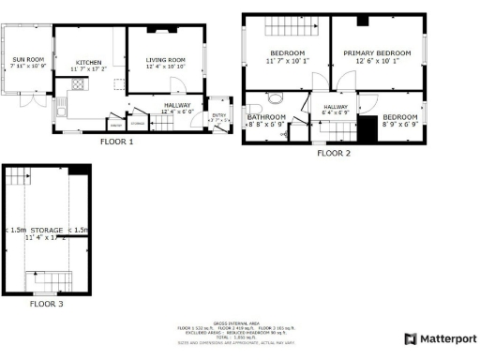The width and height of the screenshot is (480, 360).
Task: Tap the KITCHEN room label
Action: tap(87, 62)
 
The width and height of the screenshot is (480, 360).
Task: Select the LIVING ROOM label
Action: tap(166, 60)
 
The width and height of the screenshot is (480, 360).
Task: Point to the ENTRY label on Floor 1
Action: tap(217, 115)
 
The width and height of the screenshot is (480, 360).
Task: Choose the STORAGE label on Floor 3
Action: tap(47, 230)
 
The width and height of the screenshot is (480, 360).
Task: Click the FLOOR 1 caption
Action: tap(116, 142)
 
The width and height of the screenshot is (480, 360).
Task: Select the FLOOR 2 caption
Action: tap(333, 153)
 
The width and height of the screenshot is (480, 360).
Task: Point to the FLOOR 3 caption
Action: tap(47, 304)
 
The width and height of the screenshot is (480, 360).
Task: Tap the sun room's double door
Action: tap(31, 99)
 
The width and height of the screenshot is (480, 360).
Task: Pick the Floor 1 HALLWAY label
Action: tap(177, 105)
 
